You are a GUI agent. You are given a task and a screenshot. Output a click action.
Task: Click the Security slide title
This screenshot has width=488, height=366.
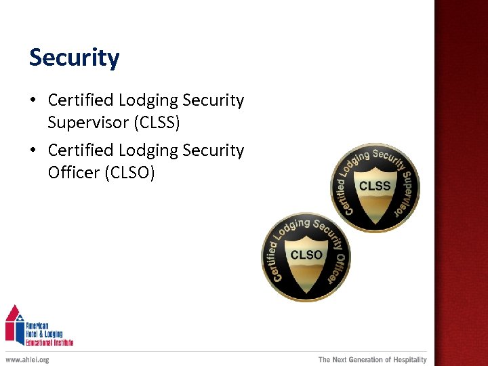[x=74, y=58]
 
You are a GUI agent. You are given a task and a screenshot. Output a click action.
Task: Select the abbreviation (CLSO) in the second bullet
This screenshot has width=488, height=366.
[x=129, y=173]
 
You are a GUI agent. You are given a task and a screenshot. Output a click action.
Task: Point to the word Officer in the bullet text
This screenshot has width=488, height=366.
[x=73, y=173]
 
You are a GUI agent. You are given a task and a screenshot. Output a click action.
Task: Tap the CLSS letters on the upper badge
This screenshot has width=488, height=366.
[x=375, y=186]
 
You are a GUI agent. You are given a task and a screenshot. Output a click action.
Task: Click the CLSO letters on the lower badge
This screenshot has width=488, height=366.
[x=306, y=255]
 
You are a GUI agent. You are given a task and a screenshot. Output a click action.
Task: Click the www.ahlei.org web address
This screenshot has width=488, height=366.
[x=27, y=359]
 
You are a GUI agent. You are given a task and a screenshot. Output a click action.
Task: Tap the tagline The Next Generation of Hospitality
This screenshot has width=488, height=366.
[x=373, y=359]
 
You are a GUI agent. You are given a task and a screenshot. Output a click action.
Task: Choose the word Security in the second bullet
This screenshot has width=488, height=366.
[x=213, y=150]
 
